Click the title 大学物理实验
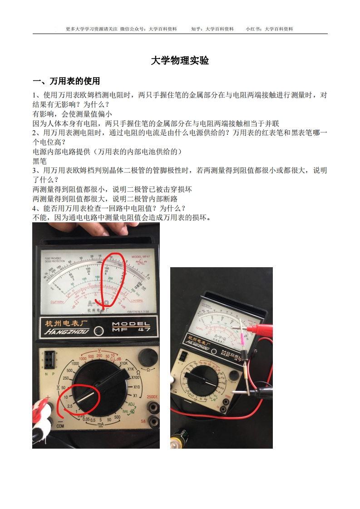[x=180, y=61]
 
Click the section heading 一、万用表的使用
[x=66, y=81]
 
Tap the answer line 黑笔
[x=40, y=161]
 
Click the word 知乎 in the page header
[x=197, y=29]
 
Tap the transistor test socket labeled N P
[x=48, y=360]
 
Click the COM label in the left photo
[x=60, y=426]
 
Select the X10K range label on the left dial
[x=123, y=363]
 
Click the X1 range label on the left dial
[x=135, y=396]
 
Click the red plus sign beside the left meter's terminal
[x=48, y=397]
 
